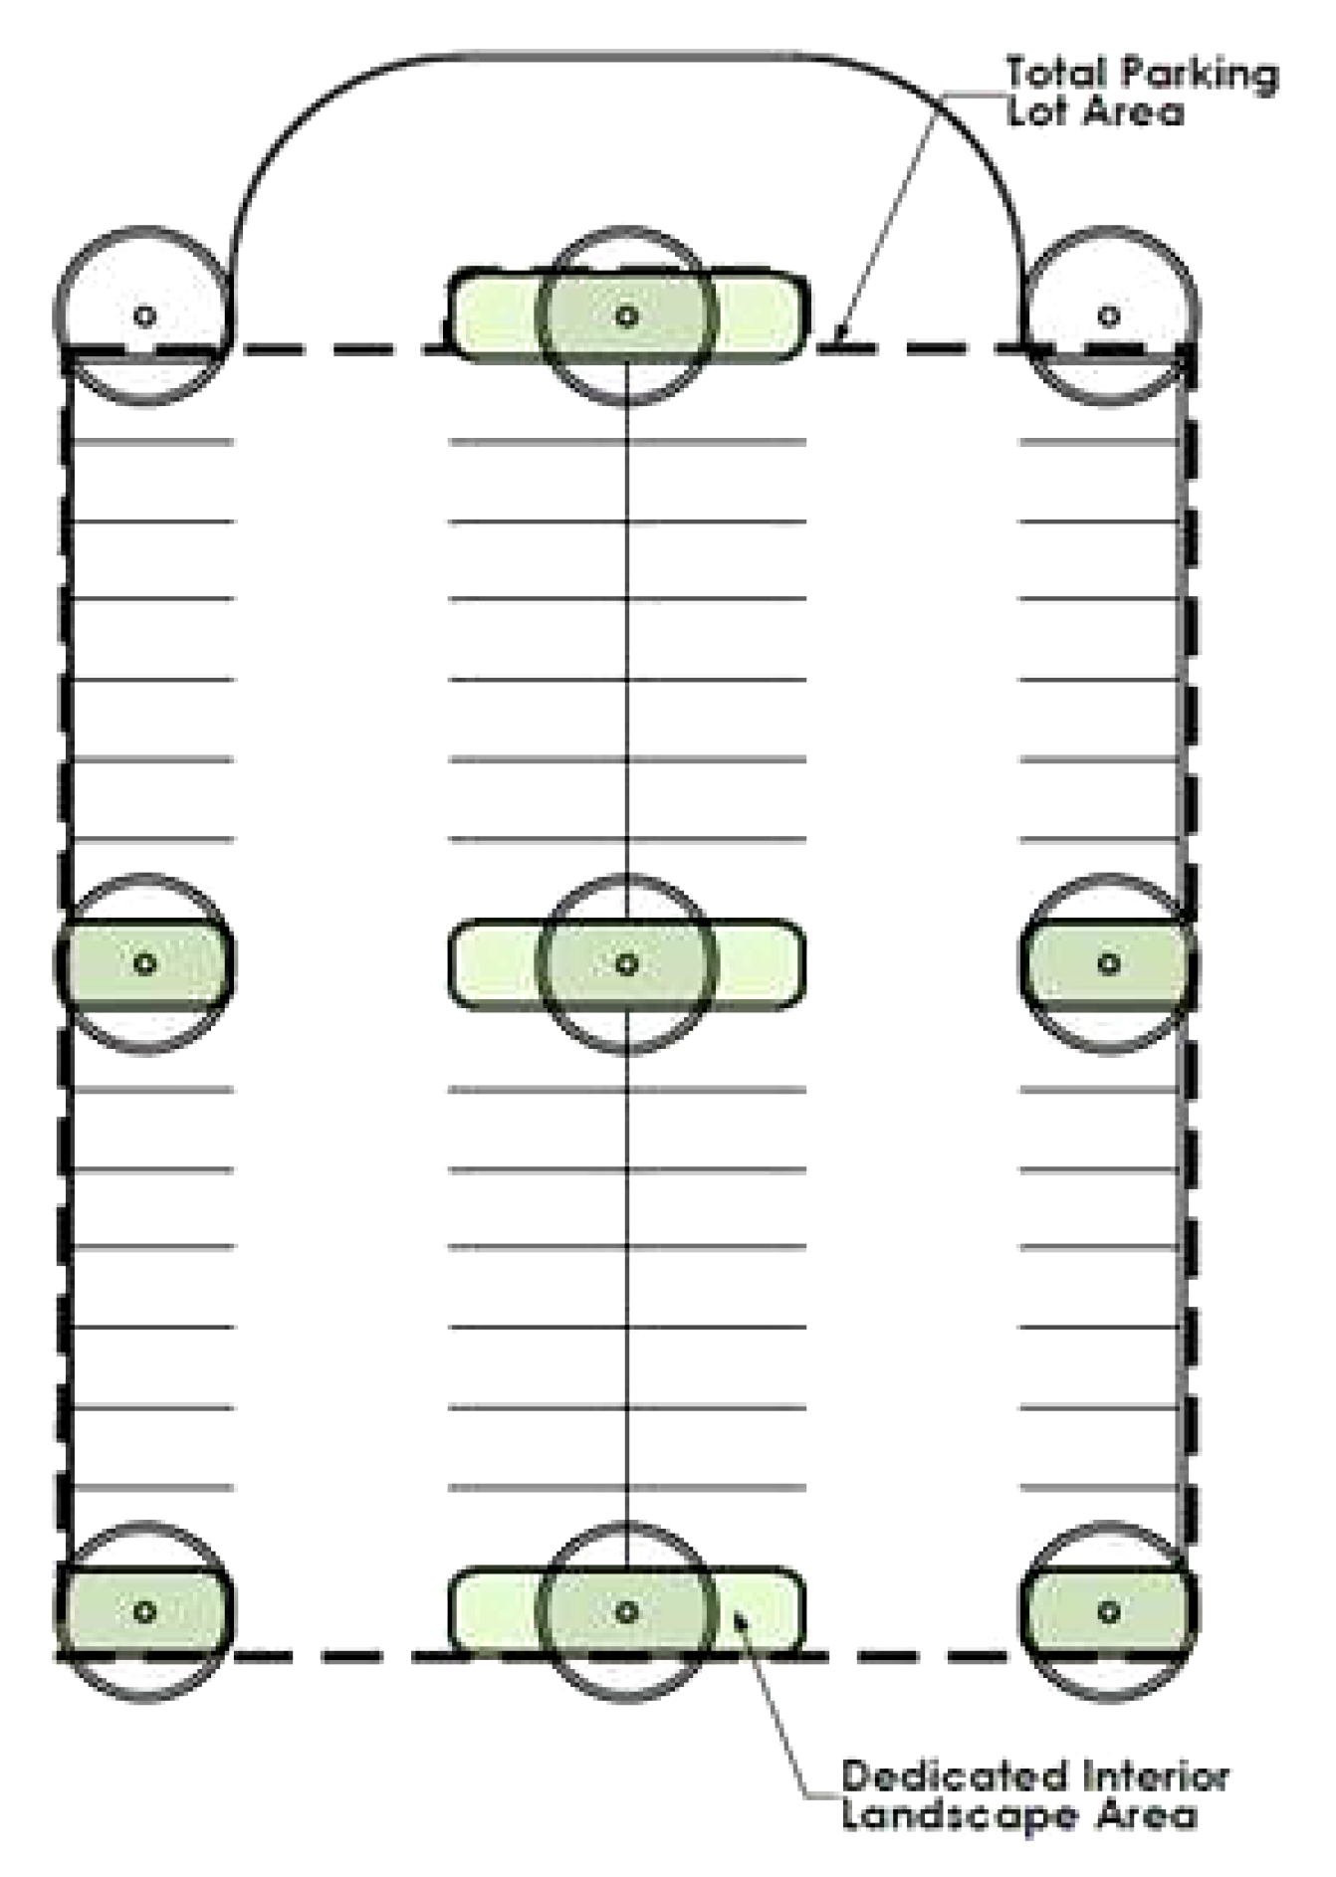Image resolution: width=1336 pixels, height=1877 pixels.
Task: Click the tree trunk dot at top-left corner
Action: coord(144,316)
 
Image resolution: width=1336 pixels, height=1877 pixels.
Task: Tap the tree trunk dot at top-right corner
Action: coord(1108,316)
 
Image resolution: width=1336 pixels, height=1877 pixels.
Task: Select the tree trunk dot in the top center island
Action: coord(626,316)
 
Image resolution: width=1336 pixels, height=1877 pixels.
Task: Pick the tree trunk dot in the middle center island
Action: coord(626,963)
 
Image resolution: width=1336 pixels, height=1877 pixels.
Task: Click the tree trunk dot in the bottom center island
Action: coord(626,1610)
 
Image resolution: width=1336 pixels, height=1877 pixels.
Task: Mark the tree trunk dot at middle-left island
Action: coord(144,963)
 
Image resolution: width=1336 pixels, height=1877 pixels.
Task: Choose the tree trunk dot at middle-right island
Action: coord(1108,963)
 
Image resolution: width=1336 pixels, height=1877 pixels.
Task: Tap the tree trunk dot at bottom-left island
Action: coord(144,1610)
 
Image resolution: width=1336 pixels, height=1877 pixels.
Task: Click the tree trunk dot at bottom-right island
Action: coord(1108,1610)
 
